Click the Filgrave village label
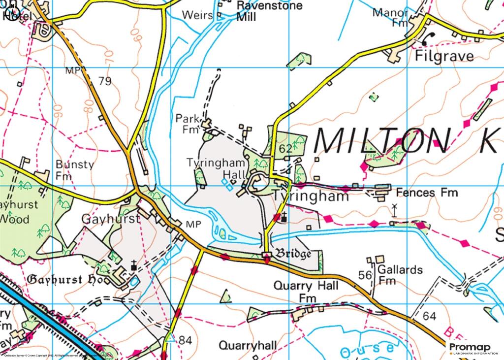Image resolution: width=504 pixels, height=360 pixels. pos(444,56)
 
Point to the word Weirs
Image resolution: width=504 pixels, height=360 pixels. pos(197,15)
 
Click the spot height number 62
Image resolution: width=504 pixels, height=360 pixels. pos(285,148)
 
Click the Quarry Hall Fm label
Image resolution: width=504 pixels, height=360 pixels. pos(306,292)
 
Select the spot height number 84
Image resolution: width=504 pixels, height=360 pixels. pos(185,340)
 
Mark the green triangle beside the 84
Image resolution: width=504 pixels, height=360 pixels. pos(170,338)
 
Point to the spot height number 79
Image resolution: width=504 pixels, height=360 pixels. pos(104,81)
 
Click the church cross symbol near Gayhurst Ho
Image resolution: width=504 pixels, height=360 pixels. pos(133,266)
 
